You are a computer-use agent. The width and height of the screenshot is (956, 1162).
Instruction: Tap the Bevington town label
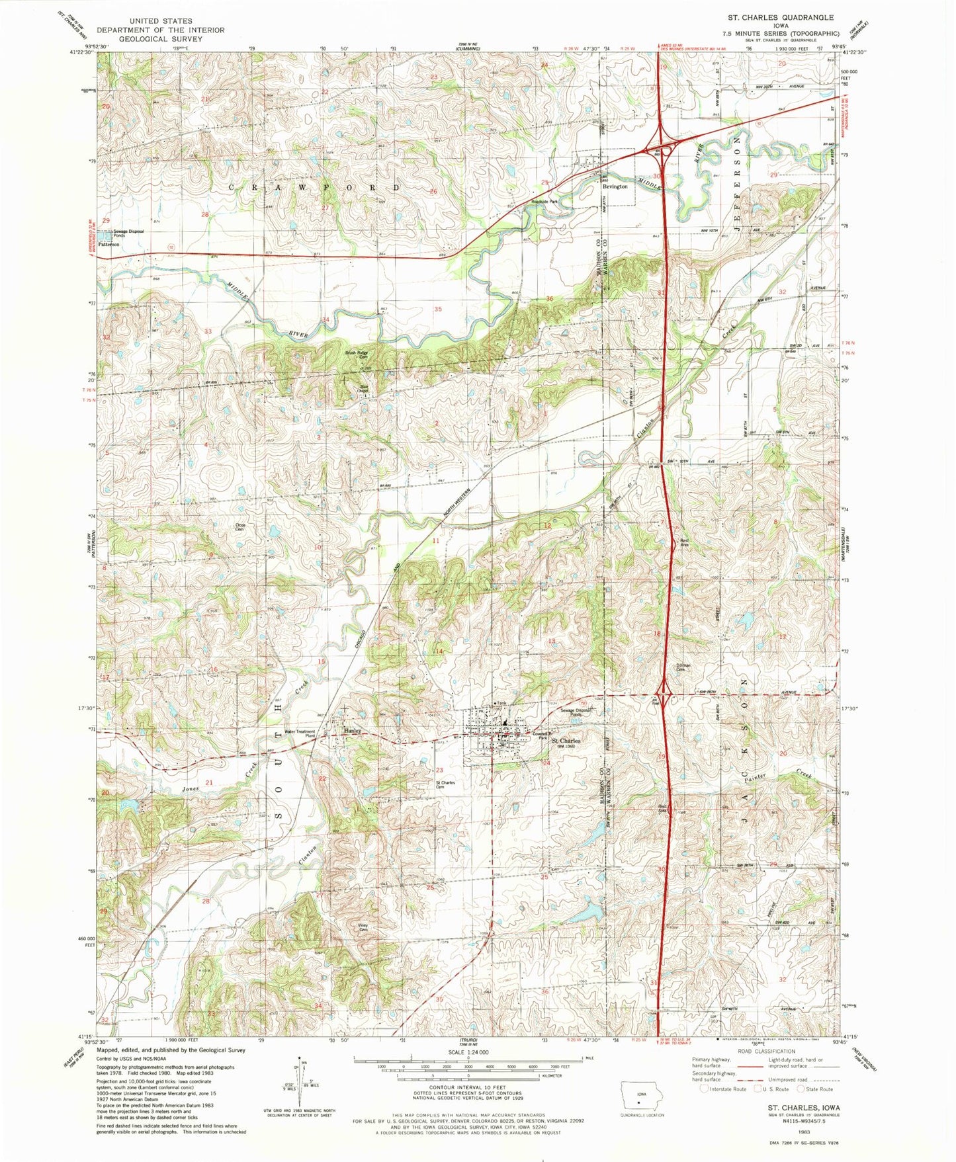(614, 187)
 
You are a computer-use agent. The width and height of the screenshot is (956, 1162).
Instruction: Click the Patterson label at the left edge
(109, 244)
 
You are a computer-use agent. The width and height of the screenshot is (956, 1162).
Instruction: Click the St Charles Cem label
(445, 784)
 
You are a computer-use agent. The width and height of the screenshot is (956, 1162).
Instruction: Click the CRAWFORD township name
(315, 188)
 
